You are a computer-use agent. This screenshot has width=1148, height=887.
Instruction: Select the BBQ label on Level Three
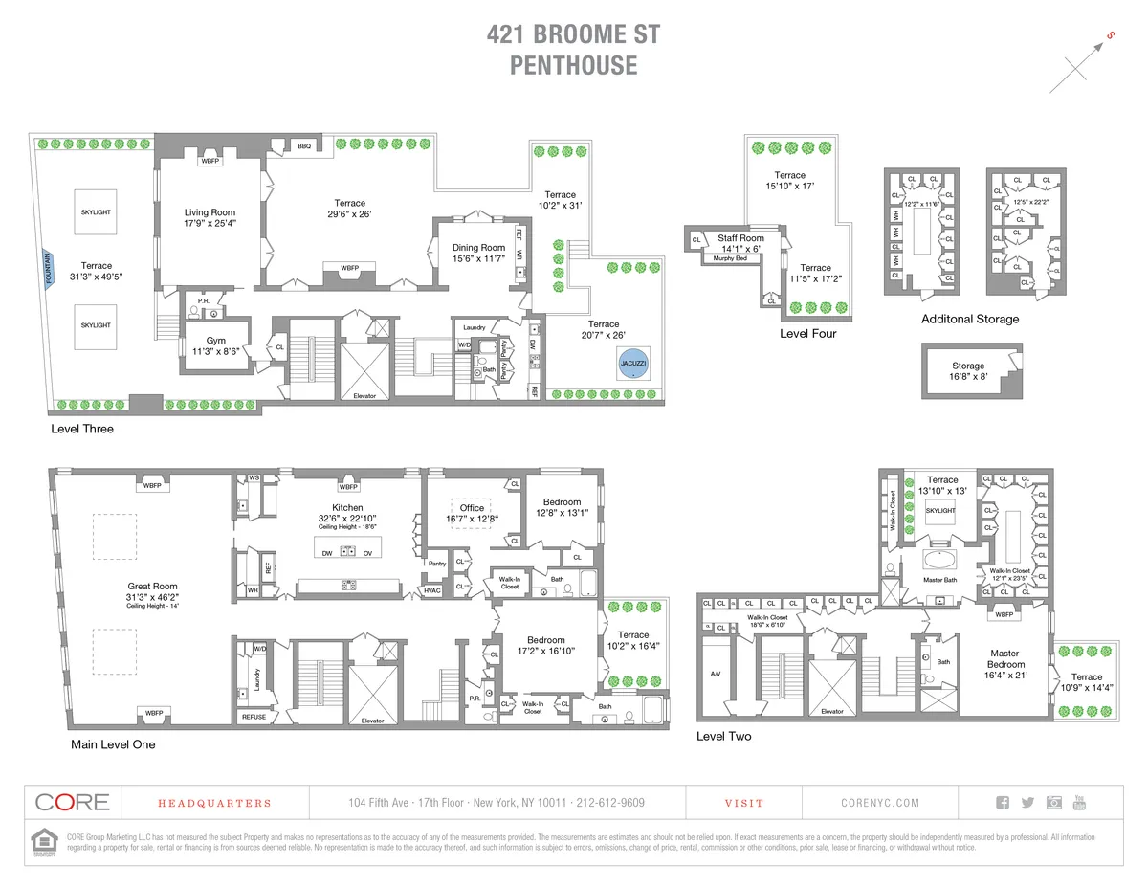pyautogui.click(x=304, y=145)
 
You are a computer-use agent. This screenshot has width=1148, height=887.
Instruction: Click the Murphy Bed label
pyautogui.click(x=730, y=258)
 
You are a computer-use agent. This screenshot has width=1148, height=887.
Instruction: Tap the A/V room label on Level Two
pyautogui.click(x=716, y=674)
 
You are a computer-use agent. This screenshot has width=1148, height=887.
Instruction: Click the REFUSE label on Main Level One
pyautogui.click(x=254, y=717)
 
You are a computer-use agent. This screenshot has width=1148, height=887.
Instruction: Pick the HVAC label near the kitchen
pyautogui.click(x=432, y=591)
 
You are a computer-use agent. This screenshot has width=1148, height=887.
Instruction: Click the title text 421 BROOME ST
pyautogui.click(x=573, y=36)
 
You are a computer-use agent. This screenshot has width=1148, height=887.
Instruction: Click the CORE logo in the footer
pyautogui.click(x=72, y=803)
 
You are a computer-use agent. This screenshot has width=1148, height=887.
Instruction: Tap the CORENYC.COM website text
pyautogui.click(x=879, y=804)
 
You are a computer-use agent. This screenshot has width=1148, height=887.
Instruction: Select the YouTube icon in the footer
pyautogui.click(x=1079, y=803)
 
